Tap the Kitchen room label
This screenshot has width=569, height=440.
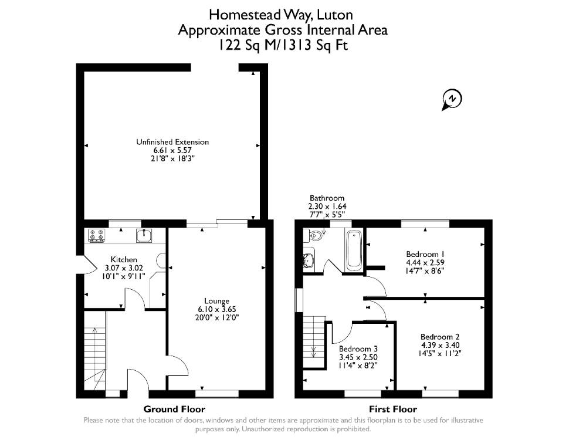[124, 259]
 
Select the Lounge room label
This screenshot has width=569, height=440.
[216, 301]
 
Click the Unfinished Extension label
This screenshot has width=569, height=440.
[172, 142]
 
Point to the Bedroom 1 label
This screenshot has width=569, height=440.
[425, 254]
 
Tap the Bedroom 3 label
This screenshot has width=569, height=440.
[358, 349]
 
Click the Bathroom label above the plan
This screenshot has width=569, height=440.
[327, 198]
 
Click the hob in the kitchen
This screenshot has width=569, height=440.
[97, 236]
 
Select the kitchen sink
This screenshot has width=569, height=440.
[144, 236]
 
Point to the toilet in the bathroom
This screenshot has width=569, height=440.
[313, 236]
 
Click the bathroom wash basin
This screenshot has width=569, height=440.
[309, 259]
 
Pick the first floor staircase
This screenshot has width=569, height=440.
[313, 342]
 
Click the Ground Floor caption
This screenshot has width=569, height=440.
[174, 409]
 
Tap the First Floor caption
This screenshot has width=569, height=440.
[393, 409]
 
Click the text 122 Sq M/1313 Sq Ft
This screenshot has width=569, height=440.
[283, 45]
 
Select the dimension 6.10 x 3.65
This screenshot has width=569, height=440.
[217, 309]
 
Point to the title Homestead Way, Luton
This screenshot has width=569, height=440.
[281, 15]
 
